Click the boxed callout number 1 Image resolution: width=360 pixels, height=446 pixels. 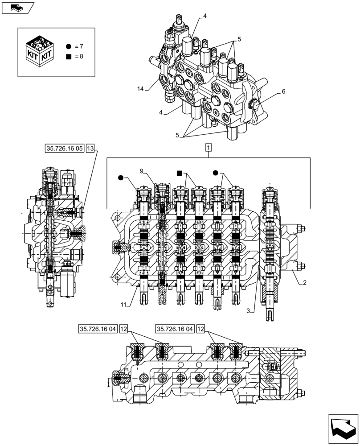click(209, 147)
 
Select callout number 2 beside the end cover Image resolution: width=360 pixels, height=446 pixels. click(304, 283)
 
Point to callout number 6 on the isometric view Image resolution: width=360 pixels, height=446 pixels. click(283, 92)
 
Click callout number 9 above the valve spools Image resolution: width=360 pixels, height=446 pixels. click(141, 171)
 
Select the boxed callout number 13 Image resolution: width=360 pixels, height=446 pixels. click(91, 149)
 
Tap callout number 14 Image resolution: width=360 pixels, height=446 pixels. click(141, 89)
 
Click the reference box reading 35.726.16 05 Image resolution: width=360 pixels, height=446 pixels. click(64, 149)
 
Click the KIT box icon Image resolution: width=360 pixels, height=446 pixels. click(39, 51)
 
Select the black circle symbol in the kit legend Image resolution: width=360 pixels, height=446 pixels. click(68, 46)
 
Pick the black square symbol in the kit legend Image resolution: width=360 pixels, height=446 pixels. click(68, 57)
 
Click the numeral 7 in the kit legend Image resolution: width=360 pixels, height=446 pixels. click(81, 46)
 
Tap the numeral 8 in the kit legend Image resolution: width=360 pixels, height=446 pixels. click(81, 57)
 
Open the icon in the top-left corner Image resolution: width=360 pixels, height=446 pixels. click(17, 8)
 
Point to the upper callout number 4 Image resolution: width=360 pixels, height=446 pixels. click(205, 16)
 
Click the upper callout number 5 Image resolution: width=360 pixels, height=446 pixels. click(239, 39)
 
